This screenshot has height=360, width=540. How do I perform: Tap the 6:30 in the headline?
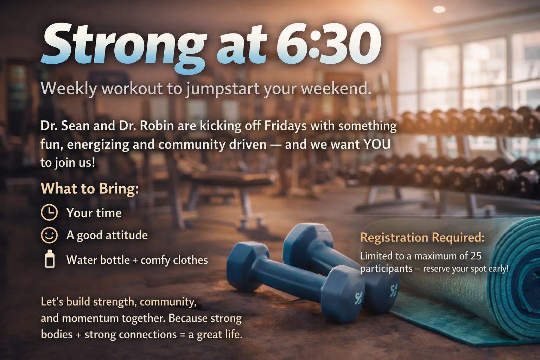coord(329,44)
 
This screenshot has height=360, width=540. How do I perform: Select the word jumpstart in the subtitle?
coord(223,89)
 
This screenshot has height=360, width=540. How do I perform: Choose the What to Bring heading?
coord(90,188)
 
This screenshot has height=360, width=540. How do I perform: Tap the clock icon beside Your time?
coord(49,213)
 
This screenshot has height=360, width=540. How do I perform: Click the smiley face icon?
coord(49,235)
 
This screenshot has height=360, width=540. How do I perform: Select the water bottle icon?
coord(50,259)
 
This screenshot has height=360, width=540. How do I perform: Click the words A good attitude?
coord(107,235)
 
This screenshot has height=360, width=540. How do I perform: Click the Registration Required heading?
coord(422,237)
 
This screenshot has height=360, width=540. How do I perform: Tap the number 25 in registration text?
coord(476,256)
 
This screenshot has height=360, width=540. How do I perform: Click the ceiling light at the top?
coord(439,9)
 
